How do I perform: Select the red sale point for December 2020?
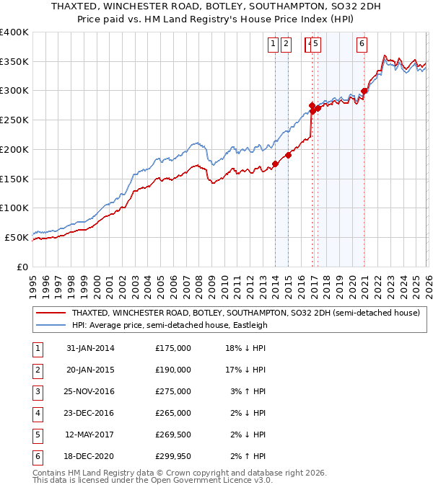tap(364, 91)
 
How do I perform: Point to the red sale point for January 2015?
tap(288, 154)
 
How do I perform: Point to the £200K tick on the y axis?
tap(14, 149)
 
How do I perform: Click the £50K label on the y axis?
tap(17, 237)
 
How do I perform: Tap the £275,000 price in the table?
tap(173, 391)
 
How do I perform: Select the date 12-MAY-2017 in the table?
tap(90, 435)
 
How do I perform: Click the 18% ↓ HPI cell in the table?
tap(248, 348)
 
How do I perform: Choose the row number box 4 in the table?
tap(38, 413)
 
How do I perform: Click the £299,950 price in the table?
tap(173, 456)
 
